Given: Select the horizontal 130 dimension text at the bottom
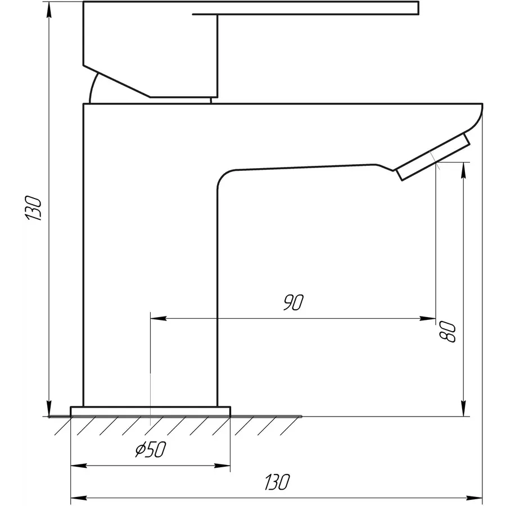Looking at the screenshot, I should (x=277, y=482).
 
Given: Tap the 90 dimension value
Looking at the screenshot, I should (x=293, y=303).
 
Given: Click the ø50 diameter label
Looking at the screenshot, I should (x=151, y=450).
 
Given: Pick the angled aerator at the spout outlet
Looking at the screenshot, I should (x=433, y=157).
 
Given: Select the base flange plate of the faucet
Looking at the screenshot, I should (x=150, y=411).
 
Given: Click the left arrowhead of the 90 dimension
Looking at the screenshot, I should (x=157, y=319).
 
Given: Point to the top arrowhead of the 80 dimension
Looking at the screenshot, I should (x=463, y=169).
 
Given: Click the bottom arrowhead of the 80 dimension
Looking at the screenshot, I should (x=463, y=409).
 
